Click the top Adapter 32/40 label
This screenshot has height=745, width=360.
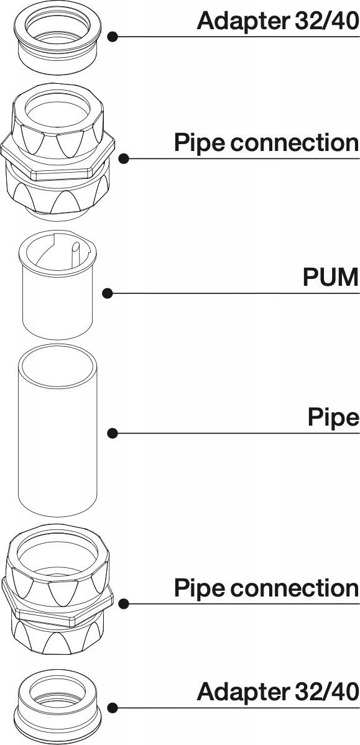click(278, 21)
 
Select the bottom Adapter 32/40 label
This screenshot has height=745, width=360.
click(278, 692)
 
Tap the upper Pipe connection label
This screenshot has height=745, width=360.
click(266, 143)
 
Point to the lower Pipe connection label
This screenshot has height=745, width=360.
click(266, 588)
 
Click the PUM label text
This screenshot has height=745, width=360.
click(331, 278)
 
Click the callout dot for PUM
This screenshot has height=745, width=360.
click(108, 294)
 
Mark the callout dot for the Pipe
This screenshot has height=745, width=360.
click(113, 433)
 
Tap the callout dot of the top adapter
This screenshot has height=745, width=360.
click(113, 37)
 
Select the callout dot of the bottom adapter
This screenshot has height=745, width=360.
click(113, 708)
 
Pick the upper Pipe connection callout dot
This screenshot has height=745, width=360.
click(124, 158)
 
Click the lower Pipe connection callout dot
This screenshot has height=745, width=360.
click(124, 604)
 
